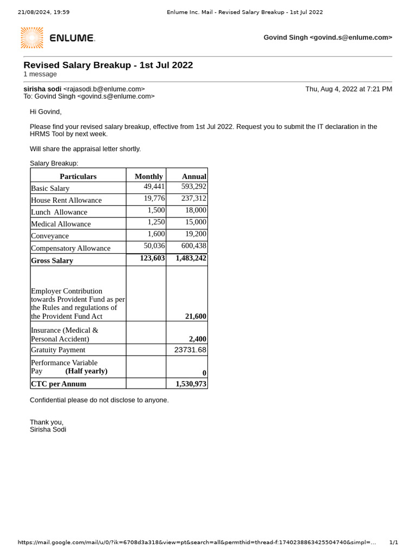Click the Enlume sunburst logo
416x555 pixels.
coord(32,37)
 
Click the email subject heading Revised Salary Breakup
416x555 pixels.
coord(108,65)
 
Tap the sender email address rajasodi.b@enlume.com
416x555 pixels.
coord(104,89)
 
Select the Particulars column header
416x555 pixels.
coord(78,176)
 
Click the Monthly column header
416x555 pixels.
coord(148,176)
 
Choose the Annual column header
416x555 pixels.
coord(194,176)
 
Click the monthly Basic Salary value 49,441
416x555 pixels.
coord(154,186)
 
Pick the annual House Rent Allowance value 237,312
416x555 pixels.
coord(193,198)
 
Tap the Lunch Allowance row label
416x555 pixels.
coord(59,212)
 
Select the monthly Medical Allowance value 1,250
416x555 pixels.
coord(156,222)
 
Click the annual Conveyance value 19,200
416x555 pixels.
coord(196,234)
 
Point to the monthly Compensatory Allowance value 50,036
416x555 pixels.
coord(154,246)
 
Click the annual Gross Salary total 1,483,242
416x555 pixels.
coord(191,258)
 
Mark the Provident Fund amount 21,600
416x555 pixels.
coord(196,316)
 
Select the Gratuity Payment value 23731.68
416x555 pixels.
coord(190,350)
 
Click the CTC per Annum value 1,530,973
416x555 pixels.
coord(191,384)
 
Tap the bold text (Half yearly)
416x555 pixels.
coord(86,371)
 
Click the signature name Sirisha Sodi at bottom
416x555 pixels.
coord(48,429)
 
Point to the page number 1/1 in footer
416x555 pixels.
coord(393,542)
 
